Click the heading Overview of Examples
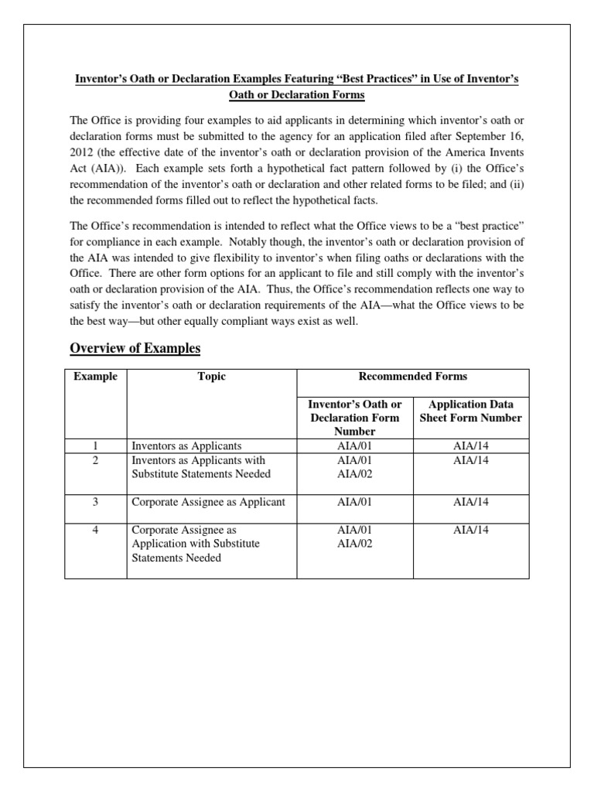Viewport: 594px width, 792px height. (135, 348)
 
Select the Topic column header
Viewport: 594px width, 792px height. (211, 377)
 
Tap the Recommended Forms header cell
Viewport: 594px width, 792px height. (412, 377)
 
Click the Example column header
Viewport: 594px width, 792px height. (95, 377)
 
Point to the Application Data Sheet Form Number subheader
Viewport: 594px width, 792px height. (470, 411)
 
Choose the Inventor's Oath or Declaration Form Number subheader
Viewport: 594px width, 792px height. (354, 418)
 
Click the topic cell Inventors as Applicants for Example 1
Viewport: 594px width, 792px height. (187, 446)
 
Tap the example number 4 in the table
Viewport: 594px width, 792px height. (95, 530)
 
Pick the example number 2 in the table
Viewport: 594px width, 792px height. (95, 460)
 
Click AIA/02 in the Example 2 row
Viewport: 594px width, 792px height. (355, 474)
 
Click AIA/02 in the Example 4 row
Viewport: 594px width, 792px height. (355, 544)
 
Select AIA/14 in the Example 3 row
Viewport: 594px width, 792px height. (471, 502)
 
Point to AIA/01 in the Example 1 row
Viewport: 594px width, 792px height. (355, 446)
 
